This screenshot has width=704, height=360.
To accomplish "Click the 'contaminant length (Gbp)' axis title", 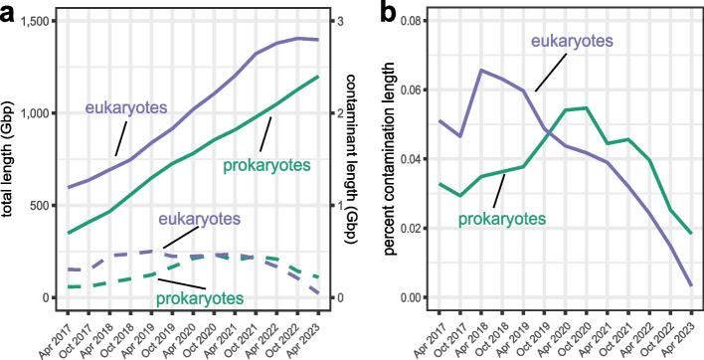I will [x=367, y=160].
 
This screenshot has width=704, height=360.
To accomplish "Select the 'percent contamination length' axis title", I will [x=390, y=160].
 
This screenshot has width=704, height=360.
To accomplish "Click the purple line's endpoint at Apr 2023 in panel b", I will [x=693, y=285].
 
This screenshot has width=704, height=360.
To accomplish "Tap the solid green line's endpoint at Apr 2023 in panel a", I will [x=318, y=77].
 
